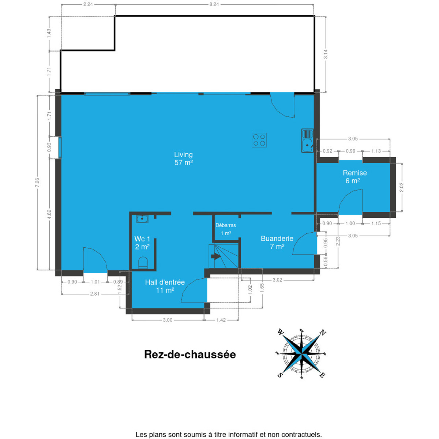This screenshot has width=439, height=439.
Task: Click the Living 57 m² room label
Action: click(x=183, y=158)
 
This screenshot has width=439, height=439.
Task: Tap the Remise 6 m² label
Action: click(x=355, y=177)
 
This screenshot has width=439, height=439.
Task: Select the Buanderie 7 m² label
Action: click(x=277, y=243)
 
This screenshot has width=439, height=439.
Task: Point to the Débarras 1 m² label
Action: click(x=226, y=229)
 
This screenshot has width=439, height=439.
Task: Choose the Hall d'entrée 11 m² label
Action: click(x=165, y=286)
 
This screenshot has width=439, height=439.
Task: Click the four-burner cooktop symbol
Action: click(x=259, y=140)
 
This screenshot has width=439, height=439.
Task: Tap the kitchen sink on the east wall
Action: click(x=307, y=140)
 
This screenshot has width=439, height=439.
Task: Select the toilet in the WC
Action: click(x=143, y=262)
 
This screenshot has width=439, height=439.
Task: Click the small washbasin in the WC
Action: click(x=142, y=219)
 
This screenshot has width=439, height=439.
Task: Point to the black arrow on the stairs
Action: click(x=216, y=256)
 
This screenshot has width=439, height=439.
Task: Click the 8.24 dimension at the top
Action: click(x=214, y=4)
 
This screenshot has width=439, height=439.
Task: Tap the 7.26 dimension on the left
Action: click(x=37, y=182)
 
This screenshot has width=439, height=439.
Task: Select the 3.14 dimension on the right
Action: click(x=326, y=54)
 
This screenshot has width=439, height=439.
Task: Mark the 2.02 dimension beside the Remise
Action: click(x=401, y=187)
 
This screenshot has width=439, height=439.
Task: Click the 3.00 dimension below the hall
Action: click(x=168, y=320)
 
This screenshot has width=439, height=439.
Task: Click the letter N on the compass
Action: click(x=322, y=333)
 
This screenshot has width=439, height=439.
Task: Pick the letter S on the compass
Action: click(x=280, y=375)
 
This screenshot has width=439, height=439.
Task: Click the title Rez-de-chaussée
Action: click(x=190, y=355)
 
